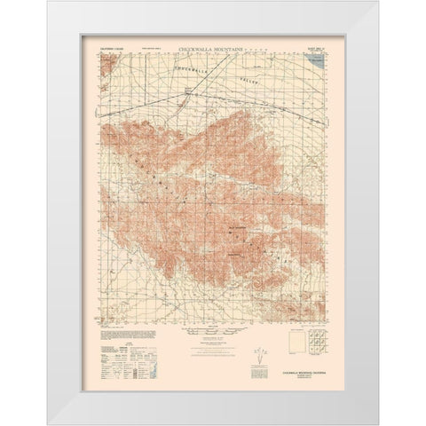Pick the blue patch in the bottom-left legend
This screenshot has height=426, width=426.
(101, 351)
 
